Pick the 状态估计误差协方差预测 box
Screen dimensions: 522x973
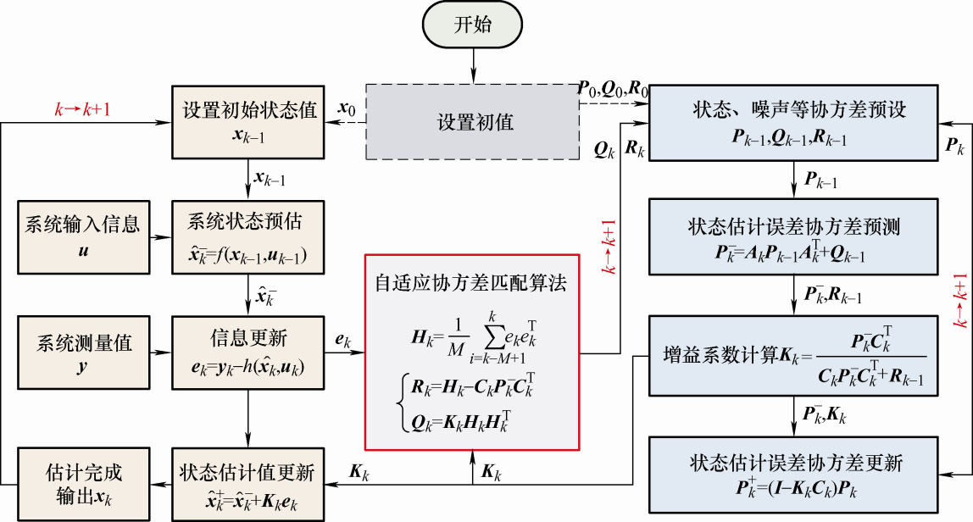794,236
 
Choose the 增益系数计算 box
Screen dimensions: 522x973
794,355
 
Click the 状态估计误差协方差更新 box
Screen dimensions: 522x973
794,473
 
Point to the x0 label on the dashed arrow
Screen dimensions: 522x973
346,109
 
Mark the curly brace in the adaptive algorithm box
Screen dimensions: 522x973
402,403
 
